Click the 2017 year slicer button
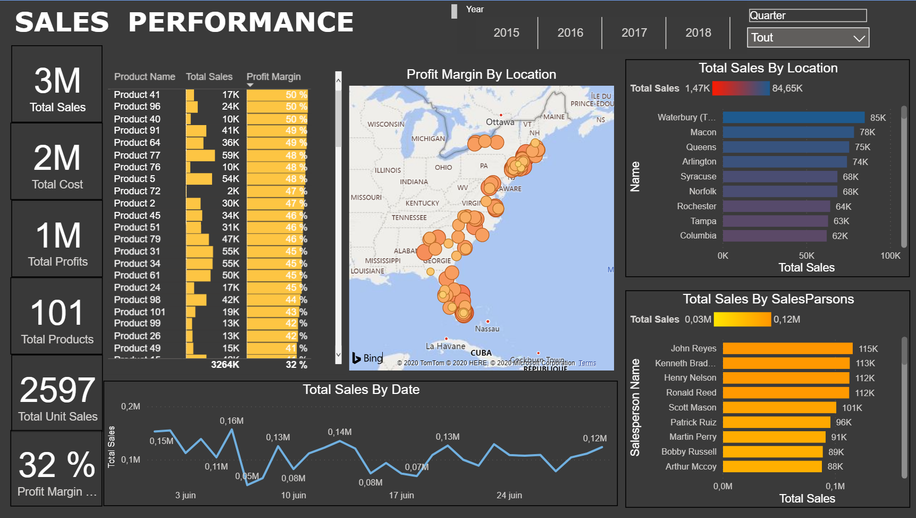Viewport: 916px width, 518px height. (634, 33)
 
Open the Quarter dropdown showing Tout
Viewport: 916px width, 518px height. (808, 38)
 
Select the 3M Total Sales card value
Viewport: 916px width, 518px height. (57, 81)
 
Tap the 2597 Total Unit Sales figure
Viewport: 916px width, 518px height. (57, 390)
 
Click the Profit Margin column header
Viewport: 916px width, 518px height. (273, 77)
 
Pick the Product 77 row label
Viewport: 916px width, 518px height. (137, 155)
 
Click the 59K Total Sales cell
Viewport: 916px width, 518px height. (230, 155)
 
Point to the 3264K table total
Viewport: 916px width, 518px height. (225, 365)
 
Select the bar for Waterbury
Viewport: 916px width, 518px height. (793, 118)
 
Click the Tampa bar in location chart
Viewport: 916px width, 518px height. (775, 221)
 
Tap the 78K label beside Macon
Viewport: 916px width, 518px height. (867, 133)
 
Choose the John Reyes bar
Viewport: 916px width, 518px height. (787, 349)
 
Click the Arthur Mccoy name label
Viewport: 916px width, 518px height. (691, 467)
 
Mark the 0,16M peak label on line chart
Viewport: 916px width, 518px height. (232, 421)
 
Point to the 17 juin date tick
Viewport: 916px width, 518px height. (401, 496)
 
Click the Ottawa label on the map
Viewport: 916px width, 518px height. (500, 122)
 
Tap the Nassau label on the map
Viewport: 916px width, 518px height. (487, 329)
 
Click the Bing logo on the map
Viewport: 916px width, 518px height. (367, 358)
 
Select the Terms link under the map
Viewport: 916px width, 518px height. (587, 363)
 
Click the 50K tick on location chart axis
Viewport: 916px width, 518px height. (806, 256)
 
